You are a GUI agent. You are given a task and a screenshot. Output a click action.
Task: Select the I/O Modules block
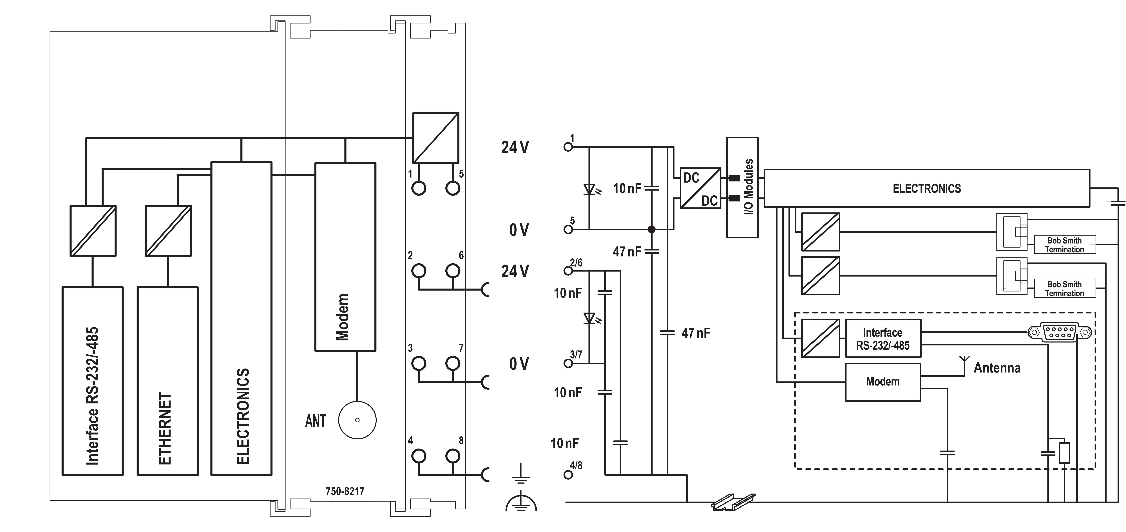coord(742,187)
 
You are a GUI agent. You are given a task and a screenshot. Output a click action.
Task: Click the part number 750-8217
coord(345,491)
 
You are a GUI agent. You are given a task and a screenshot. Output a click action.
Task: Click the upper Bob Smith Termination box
coord(1064,245)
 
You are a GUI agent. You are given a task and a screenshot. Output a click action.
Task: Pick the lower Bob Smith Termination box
coord(1064,289)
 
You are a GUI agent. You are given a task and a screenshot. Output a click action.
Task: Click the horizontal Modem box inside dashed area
coord(883,382)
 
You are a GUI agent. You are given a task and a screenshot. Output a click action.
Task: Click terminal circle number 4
coord(419,456)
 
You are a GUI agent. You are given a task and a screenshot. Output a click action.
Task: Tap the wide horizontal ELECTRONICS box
coord(927,188)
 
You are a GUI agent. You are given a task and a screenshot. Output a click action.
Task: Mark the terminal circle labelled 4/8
coord(568,475)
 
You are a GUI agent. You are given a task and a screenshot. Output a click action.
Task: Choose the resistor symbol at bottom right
coord(1064,453)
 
